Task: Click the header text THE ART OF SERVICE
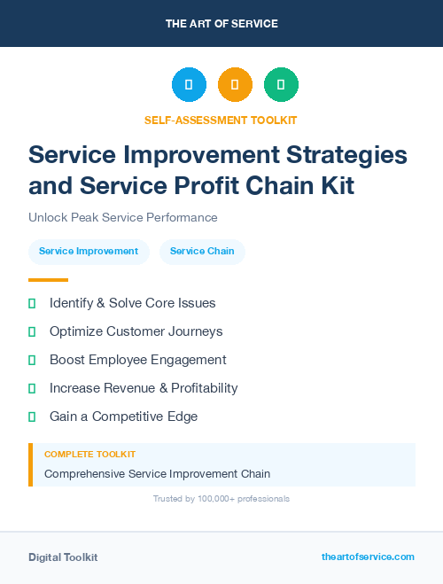(x=221, y=24)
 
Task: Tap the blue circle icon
(x=189, y=84)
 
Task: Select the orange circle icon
(x=235, y=84)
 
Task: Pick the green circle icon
(x=281, y=84)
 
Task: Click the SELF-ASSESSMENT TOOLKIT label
(x=221, y=120)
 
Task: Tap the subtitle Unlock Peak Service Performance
(x=123, y=217)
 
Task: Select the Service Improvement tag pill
(x=89, y=251)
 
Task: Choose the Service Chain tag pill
(x=202, y=251)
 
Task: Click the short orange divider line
(x=48, y=280)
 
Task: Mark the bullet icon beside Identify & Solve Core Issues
(x=32, y=304)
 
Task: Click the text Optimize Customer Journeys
(x=136, y=331)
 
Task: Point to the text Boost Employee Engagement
(x=137, y=360)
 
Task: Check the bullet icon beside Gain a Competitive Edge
(x=32, y=417)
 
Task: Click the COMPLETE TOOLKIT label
(x=89, y=454)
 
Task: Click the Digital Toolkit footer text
(x=63, y=557)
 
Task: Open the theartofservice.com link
(x=368, y=557)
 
